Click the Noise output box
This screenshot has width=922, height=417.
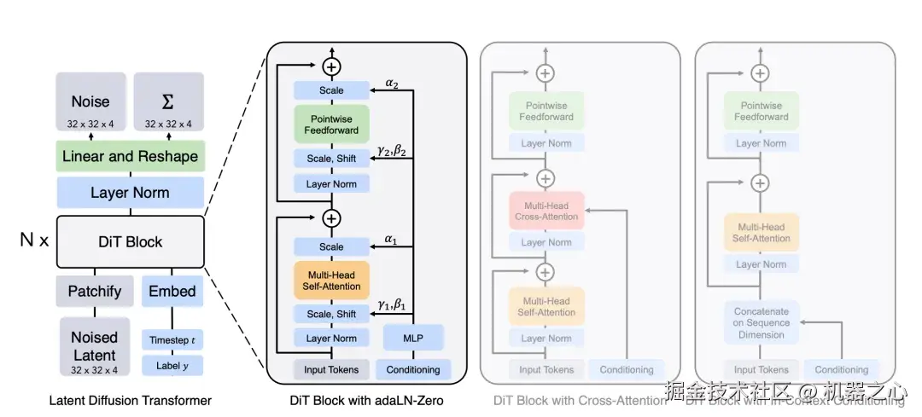point(91,107)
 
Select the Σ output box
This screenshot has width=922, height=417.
point(169,107)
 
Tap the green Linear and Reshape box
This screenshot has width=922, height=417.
point(130,157)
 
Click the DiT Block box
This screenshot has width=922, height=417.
point(130,242)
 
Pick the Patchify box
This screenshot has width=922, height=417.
point(95,291)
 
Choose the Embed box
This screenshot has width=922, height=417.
point(172,291)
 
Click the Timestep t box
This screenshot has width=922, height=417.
point(172,340)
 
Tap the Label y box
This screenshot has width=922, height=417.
point(172,366)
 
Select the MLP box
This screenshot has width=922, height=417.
point(413,338)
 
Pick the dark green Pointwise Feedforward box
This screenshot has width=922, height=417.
point(331,125)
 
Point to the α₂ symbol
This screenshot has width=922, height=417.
point(392,84)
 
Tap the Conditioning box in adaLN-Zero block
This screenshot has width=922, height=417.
point(413,369)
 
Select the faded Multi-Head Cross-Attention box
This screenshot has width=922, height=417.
point(546,211)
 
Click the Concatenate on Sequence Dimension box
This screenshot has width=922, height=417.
point(762,322)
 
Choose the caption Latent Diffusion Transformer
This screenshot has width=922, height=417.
point(130,400)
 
